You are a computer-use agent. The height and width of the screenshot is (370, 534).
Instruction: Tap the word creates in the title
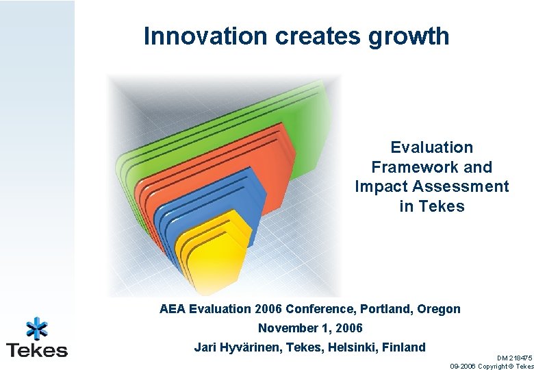314,36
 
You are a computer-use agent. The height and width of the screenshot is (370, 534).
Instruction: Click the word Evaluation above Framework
431,147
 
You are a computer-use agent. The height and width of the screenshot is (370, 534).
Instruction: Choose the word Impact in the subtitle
380,186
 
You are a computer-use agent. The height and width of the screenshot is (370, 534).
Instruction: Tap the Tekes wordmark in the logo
37,350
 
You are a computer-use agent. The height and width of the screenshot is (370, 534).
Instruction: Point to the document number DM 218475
514,358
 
